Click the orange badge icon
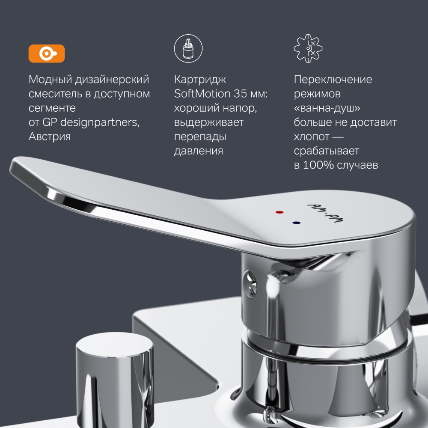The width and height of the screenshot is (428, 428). click(46, 53)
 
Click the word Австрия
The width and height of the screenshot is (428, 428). click(50, 137)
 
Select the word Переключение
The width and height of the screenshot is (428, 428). click(333, 80)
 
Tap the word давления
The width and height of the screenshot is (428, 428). click(198, 151)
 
